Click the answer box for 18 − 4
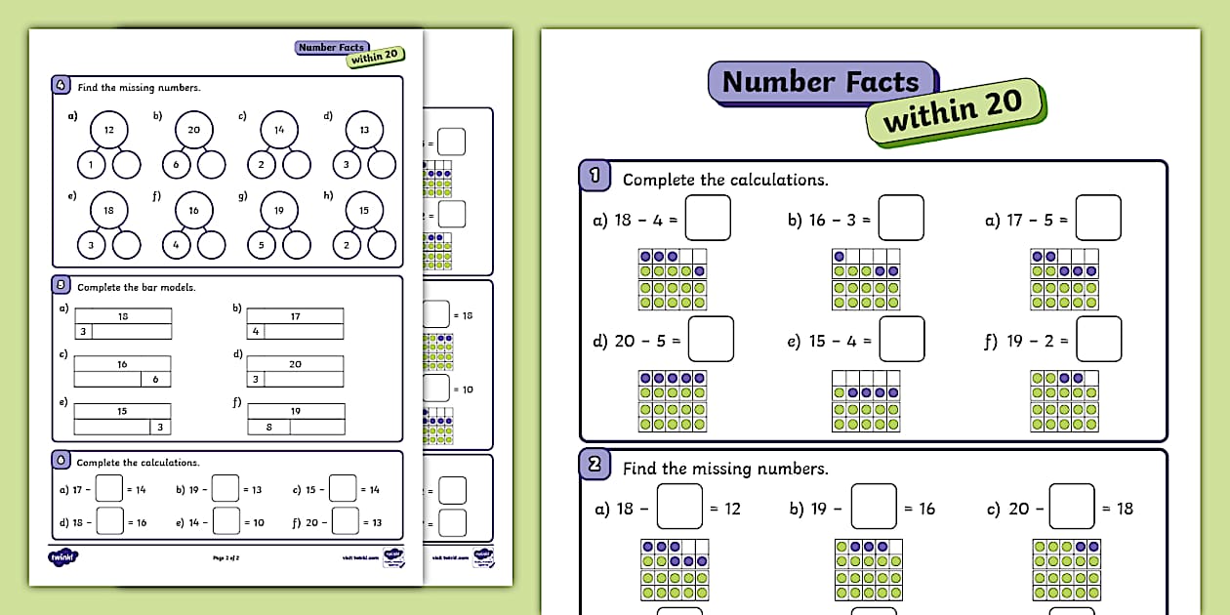708,219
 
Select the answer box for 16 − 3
900,219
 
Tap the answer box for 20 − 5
711,340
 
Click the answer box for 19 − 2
1098,340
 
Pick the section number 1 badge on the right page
595,178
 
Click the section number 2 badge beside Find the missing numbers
595,467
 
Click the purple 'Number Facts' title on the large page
820,82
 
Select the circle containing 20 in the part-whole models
193,130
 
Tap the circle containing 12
109,130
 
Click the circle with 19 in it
278,210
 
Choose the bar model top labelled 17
295,316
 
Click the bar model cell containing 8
269,427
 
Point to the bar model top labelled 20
295,364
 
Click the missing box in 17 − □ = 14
109,488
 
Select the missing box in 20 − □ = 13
345,521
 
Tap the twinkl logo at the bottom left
62,557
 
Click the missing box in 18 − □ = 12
679,508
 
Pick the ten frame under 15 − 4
866,400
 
